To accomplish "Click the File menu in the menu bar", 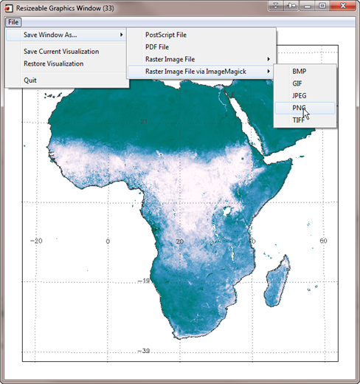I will tap(13, 22).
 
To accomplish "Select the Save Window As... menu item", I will tap(50, 35).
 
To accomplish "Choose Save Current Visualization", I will tap(60, 52).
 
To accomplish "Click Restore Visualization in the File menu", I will tap(53, 64).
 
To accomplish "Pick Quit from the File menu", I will tap(30, 80).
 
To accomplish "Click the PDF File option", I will tap(157, 47).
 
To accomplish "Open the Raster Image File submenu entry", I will tap(170, 59).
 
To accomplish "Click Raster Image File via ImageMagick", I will tap(195, 71).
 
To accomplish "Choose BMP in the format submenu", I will tap(299, 71).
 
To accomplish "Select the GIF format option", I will tap(297, 83).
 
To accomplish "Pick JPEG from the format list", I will tap(300, 95).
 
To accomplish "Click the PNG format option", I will tap(299, 108).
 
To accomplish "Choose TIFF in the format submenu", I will tap(298, 120).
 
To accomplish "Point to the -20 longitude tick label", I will tap(36, 241).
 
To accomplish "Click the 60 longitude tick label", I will tap(322, 241).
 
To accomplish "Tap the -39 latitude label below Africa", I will tap(145, 351).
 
